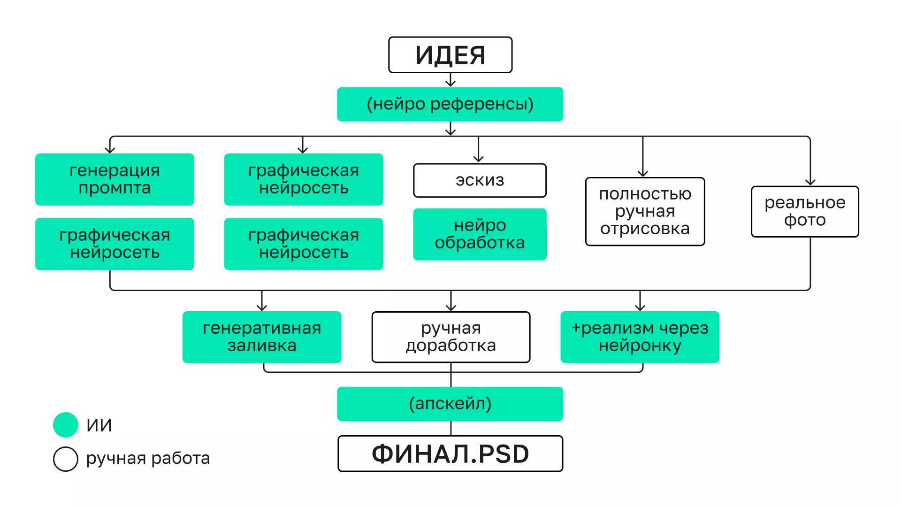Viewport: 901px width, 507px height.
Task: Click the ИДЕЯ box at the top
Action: [450, 55]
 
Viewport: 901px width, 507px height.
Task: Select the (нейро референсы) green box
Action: [450, 104]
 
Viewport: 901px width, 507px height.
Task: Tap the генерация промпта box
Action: [115, 179]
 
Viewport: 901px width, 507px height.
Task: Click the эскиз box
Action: [480, 180]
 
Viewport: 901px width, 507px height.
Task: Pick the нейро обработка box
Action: [480, 234]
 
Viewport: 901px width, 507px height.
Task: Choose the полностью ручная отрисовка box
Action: [645, 211]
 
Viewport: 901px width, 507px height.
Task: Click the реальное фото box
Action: [805, 212]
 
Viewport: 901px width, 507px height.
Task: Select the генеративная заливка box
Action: [262, 337]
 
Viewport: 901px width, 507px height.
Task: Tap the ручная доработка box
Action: [450, 337]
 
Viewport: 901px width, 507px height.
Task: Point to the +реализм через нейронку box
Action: [640, 337]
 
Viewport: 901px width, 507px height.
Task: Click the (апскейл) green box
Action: [450, 404]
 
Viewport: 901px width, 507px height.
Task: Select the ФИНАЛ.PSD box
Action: [450, 454]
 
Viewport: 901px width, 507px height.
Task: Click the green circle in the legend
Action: [66, 425]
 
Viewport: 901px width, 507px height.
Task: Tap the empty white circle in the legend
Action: [66, 459]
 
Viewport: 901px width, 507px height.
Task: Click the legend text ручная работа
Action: [148, 458]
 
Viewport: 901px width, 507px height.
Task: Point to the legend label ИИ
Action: [99, 425]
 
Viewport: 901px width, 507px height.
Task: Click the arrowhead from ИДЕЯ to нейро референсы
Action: [450, 84]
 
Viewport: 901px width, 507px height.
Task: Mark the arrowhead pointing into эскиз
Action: [478, 159]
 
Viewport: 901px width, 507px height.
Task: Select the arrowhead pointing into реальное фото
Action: [810, 182]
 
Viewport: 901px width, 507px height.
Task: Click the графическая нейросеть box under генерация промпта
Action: [115, 244]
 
